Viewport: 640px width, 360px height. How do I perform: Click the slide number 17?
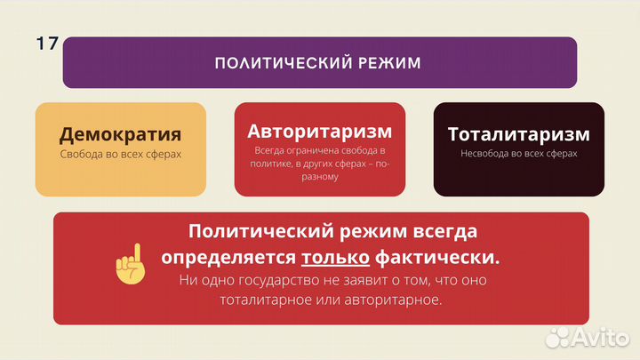[46, 44]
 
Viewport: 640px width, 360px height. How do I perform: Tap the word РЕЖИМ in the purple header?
[386, 63]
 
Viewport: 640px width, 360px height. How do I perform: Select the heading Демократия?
[120, 135]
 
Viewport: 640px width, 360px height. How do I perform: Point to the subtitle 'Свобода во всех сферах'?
[120, 155]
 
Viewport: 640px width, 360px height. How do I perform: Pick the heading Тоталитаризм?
[518, 134]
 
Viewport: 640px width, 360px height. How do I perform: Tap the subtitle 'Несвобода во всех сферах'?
[518, 154]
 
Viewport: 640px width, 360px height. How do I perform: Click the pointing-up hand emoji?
[131, 263]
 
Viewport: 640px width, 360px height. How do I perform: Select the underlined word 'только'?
[335, 258]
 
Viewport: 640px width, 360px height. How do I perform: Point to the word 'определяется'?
[228, 258]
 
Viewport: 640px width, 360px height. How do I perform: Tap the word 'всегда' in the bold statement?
[444, 232]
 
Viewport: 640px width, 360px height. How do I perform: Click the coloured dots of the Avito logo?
[558, 336]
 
